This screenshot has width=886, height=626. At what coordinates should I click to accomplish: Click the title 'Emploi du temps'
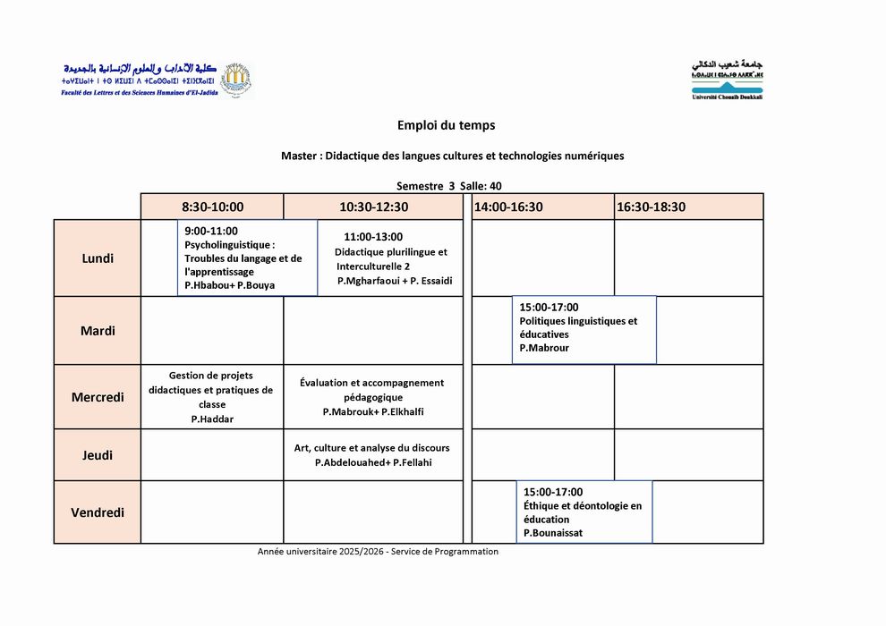(x=446, y=126)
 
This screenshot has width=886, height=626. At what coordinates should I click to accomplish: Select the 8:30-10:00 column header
(x=212, y=207)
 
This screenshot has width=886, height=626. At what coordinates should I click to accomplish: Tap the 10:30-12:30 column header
(x=373, y=207)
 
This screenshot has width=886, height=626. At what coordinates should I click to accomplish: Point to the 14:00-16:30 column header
(x=508, y=207)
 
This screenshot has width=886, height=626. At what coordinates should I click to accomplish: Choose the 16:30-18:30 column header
(x=651, y=207)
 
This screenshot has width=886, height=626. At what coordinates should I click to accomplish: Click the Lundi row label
(x=98, y=258)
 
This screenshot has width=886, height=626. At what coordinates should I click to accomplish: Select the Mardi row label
(x=98, y=331)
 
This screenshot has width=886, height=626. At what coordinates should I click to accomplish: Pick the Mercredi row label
(x=98, y=397)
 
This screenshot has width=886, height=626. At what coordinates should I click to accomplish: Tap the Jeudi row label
(x=98, y=455)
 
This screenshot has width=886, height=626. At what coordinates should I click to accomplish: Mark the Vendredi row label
(x=98, y=512)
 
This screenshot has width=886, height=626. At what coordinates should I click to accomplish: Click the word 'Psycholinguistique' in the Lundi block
(x=228, y=244)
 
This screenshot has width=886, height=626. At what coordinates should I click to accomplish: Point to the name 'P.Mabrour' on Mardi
(x=543, y=348)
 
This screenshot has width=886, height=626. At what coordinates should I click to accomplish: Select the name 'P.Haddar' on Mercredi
(x=212, y=419)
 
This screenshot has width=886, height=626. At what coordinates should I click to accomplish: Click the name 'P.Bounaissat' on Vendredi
(x=553, y=533)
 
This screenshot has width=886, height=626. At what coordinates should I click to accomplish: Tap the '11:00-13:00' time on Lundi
(x=373, y=237)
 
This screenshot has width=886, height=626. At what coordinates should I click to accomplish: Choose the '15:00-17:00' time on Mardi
(x=549, y=308)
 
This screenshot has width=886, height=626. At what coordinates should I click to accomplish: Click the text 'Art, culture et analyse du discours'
(x=372, y=448)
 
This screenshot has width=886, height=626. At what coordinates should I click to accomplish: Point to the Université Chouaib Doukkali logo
(x=728, y=80)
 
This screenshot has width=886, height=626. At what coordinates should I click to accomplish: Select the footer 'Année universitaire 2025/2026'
(x=321, y=552)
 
